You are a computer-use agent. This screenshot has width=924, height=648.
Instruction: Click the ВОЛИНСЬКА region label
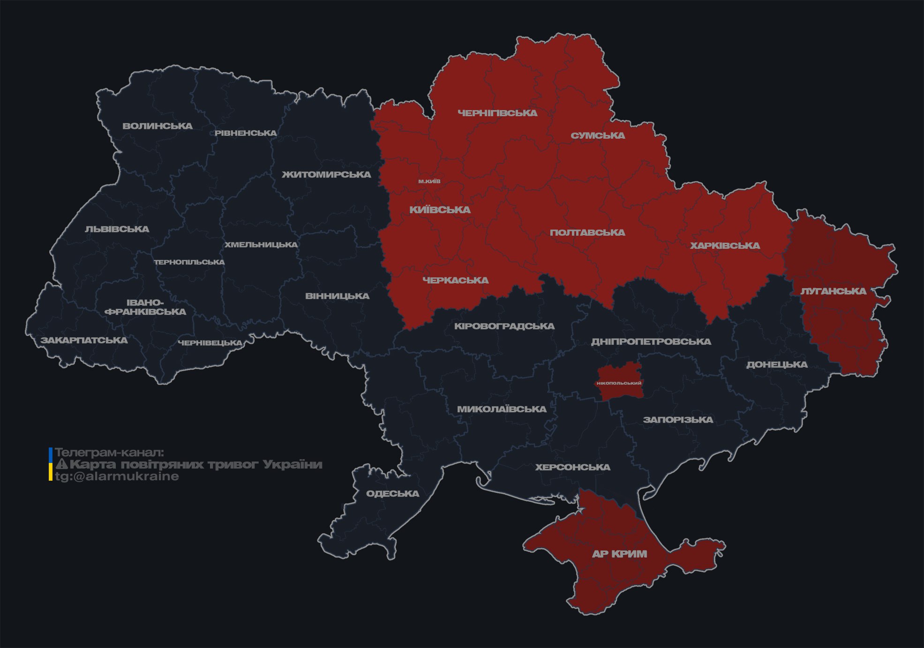tap(158, 126)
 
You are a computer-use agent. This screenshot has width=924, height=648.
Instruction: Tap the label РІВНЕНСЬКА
tap(246, 133)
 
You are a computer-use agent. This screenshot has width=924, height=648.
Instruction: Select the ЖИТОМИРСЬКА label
tap(326, 175)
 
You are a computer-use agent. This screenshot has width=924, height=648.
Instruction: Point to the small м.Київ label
tap(429, 181)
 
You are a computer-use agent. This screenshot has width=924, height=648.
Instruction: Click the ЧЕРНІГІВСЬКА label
tap(497, 113)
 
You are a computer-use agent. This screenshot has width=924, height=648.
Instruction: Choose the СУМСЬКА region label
tap(598, 136)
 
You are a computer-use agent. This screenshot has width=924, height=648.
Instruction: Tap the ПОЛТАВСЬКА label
tap(587, 233)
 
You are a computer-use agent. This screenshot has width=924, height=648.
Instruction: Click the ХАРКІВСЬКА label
tap(725, 246)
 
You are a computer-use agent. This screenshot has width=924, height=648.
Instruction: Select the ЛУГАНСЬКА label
tap(833, 291)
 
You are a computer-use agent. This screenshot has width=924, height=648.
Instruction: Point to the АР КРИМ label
tap(619, 554)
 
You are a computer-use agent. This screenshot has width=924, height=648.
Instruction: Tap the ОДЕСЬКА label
tap(392, 494)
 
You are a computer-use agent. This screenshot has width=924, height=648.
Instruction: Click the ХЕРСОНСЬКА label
tap(573, 468)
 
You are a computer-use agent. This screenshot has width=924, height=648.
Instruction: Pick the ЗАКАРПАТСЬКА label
tap(84, 340)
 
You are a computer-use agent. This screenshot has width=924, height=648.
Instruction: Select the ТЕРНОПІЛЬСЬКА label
tap(189, 262)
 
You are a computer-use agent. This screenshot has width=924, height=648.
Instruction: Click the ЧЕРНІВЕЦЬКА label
tap(210, 343)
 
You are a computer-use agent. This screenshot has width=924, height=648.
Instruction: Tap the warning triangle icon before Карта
tap(61, 465)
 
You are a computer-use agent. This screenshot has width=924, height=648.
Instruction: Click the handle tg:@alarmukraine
tap(117, 477)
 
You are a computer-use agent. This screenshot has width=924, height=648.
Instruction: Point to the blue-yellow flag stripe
tap(51, 464)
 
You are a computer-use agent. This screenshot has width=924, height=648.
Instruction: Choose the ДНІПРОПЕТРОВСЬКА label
tap(651, 342)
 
